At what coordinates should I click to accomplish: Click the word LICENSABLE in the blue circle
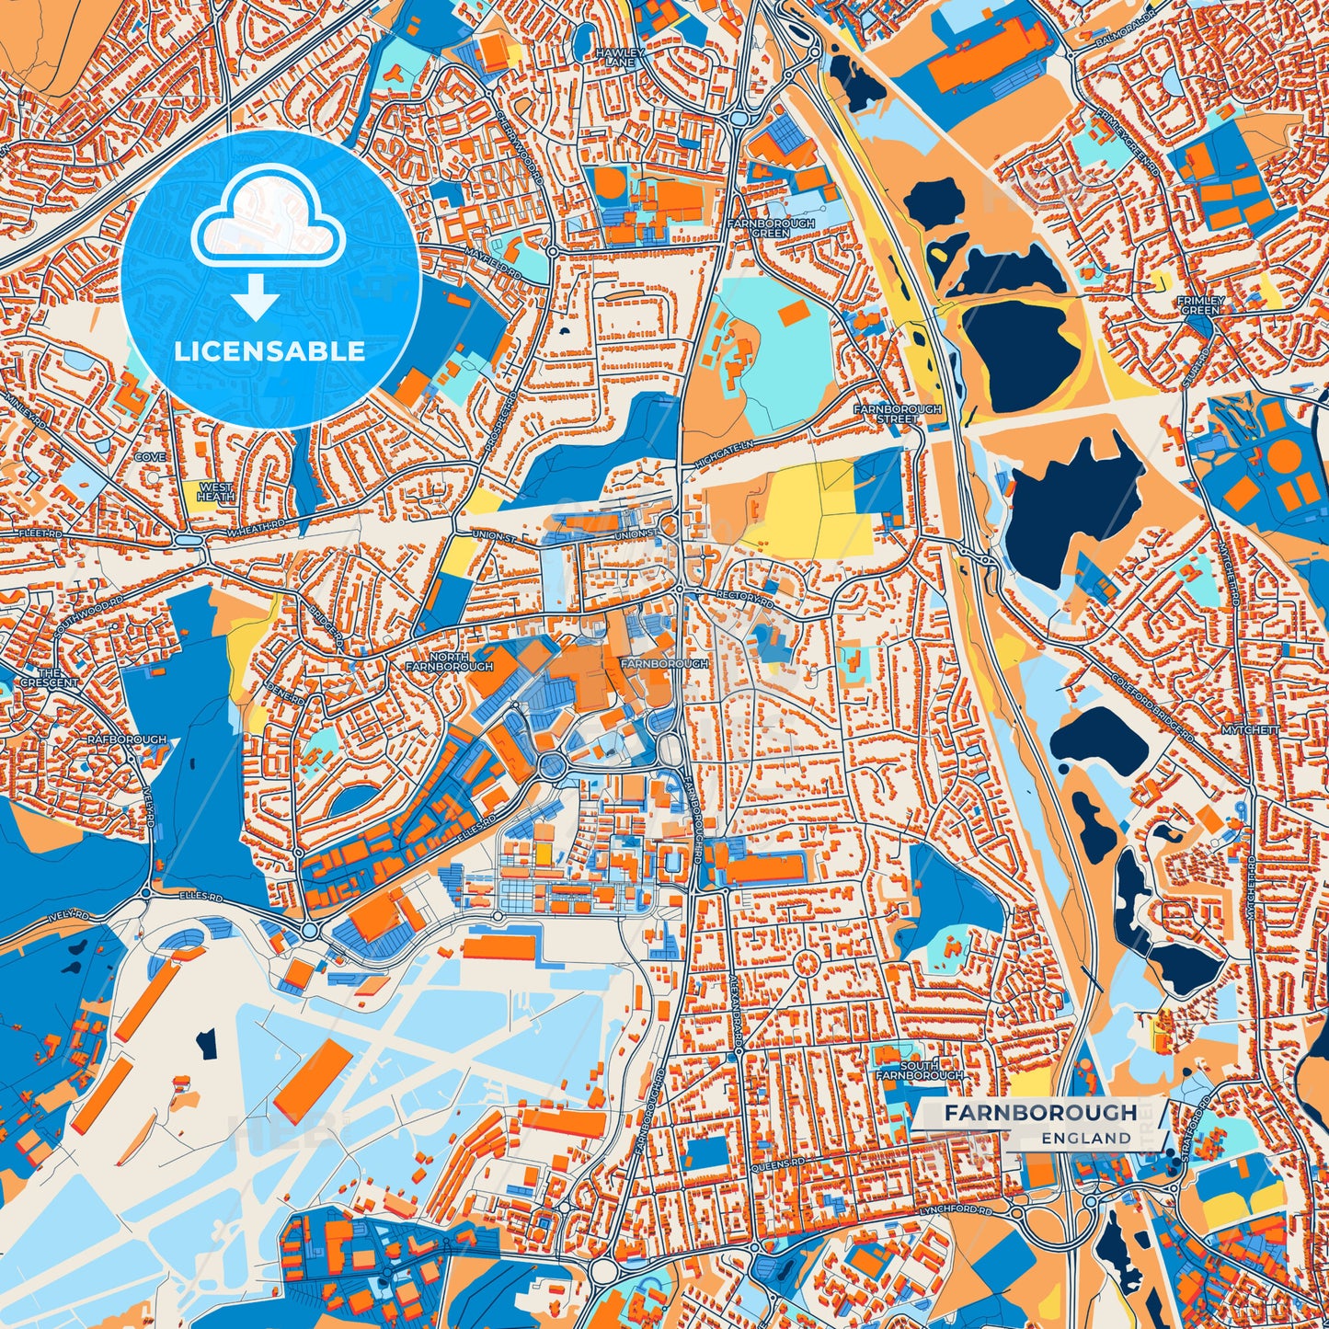[269, 351]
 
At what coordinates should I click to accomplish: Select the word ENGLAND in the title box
[1086, 1138]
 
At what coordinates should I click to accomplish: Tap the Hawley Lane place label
[619, 58]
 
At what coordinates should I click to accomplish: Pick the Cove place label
[150, 457]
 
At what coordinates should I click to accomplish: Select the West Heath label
[215, 491]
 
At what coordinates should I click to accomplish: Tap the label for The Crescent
[50, 678]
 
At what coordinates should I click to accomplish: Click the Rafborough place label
[127, 739]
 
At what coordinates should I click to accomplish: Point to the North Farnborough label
[449, 662]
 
